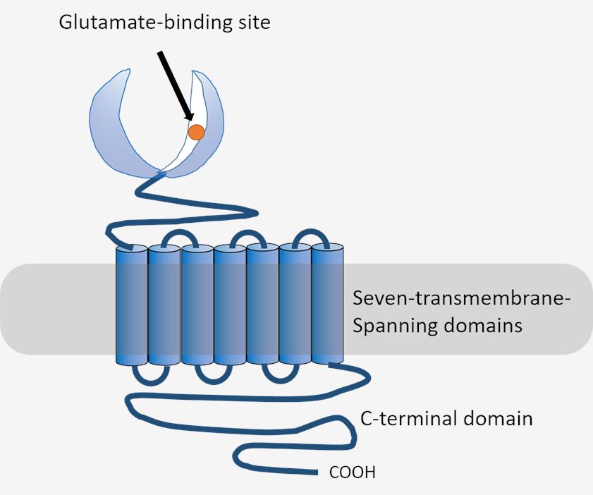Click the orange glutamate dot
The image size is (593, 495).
(196, 132)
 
